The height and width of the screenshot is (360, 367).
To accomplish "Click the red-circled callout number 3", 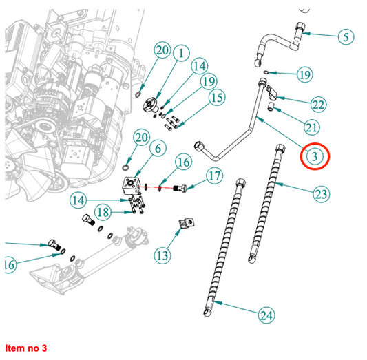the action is click(x=315, y=156).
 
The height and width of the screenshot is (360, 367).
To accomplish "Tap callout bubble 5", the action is click(x=346, y=36).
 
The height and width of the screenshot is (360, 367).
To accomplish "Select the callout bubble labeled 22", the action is click(x=319, y=105).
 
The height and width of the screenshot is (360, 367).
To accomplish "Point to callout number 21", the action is click(x=312, y=127).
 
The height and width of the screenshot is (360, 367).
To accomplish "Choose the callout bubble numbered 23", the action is click(x=322, y=194).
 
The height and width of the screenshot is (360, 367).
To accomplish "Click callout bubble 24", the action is click(x=266, y=315).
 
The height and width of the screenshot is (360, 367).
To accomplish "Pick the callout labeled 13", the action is click(x=162, y=255).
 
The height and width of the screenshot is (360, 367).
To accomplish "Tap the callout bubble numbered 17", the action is click(x=215, y=176).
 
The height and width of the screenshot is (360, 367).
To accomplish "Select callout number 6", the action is click(x=158, y=148).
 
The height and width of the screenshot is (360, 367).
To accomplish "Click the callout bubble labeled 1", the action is click(x=181, y=53).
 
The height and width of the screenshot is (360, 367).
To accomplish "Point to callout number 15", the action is click(x=217, y=97).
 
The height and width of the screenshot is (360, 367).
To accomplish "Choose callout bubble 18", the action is click(x=103, y=212).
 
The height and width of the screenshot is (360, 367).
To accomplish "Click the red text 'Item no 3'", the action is click(x=25, y=348).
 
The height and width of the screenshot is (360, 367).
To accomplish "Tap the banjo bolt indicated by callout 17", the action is click(x=180, y=188).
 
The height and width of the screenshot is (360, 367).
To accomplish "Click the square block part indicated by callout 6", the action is click(x=131, y=185).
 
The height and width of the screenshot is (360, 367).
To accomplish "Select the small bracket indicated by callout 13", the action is click(x=187, y=223).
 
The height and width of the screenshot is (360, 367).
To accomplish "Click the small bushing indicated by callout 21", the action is click(x=271, y=106).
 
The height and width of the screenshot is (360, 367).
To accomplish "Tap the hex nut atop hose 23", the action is click(x=280, y=148).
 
